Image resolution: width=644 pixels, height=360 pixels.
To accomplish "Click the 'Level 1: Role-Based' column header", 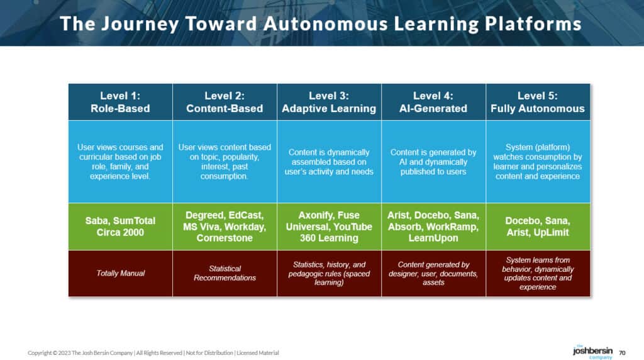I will tap(120, 102).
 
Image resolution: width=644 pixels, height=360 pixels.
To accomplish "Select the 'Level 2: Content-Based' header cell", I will tap(225, 102).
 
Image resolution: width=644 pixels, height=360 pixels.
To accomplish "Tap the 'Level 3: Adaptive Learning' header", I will tap(329, 102).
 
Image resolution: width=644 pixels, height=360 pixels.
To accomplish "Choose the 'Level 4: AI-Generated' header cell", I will tap(433, 102).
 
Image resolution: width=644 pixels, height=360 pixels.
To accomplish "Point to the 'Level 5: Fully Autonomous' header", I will tap(538, 102).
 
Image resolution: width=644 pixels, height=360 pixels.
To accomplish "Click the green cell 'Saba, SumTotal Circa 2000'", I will tap(120, 227).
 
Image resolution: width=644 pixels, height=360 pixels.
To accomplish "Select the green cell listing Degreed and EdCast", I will tap(225, 227).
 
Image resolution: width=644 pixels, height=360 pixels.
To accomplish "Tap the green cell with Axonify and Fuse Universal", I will tap(329, 227).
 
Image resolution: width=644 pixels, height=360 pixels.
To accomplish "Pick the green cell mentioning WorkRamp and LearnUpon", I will tap(433, 227).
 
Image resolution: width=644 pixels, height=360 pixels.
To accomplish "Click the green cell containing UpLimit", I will tap(538, 227).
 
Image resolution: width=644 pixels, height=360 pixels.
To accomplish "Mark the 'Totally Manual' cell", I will tap(120, 273).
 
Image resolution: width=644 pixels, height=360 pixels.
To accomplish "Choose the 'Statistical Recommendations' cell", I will tap(225, 273).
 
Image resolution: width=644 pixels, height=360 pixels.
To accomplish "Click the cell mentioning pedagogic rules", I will tap(329, 273).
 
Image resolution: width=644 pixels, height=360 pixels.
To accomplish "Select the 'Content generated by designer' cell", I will tap(433, 273).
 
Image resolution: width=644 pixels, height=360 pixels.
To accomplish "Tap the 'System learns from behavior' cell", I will tap(538, 273).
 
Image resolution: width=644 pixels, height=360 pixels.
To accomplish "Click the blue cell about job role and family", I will tap(120, 162).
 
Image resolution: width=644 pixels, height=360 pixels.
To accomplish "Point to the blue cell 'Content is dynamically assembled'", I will tap(329, 162).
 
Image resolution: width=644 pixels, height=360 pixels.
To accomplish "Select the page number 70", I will tap(623, 352).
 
